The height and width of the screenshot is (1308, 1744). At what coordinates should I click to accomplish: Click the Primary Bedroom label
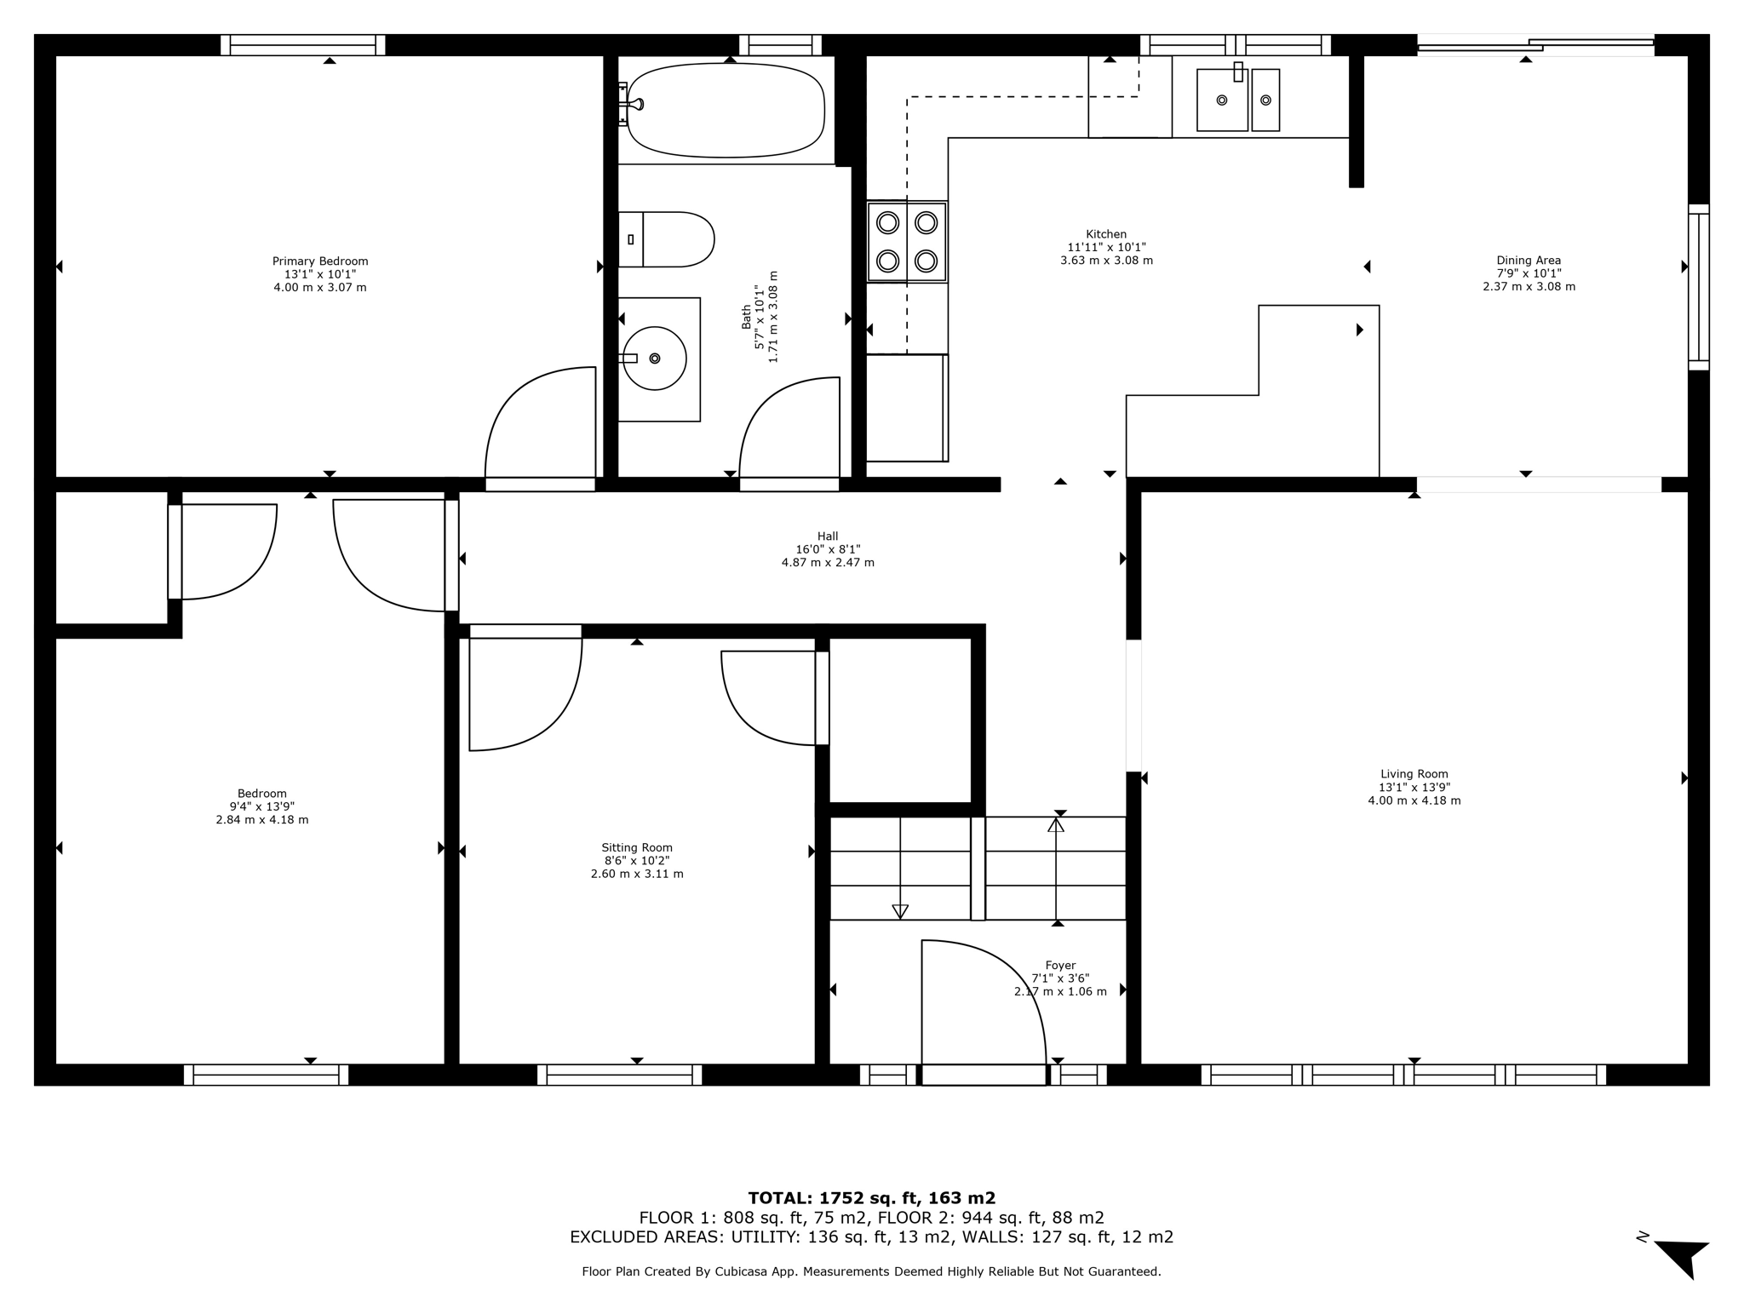coord(320,261)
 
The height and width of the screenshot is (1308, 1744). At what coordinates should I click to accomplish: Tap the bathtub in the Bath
coord(726,110)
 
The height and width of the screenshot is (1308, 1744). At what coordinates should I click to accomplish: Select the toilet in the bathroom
coord(668,239)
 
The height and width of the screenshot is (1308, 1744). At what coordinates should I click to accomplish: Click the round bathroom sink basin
coord(655,359)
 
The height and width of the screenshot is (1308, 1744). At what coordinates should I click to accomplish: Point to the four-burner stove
coord(907,241)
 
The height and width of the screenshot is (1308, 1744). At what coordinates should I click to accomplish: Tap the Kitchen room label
coord(1106,234)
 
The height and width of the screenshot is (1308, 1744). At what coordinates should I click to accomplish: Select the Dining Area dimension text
coord(1529,273)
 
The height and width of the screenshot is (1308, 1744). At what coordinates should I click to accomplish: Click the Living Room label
coord(1414,774)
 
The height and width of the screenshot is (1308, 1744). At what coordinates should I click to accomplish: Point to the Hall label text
coord(828,536)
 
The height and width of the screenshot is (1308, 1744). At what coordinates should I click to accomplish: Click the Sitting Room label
coord(637,847)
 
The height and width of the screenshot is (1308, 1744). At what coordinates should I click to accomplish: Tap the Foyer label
coord(1060,966)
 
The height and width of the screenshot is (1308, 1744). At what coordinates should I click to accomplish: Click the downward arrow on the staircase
coord(900,911)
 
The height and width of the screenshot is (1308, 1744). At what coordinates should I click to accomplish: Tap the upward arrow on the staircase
coord(1056,824)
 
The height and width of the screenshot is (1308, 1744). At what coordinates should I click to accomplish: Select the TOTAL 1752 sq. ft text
coord(871,1198)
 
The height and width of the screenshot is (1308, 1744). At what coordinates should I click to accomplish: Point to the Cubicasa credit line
coord(871,1271)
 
